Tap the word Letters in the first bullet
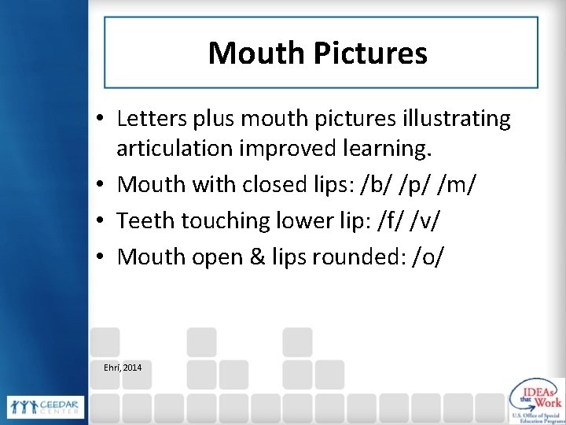(147, 119)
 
